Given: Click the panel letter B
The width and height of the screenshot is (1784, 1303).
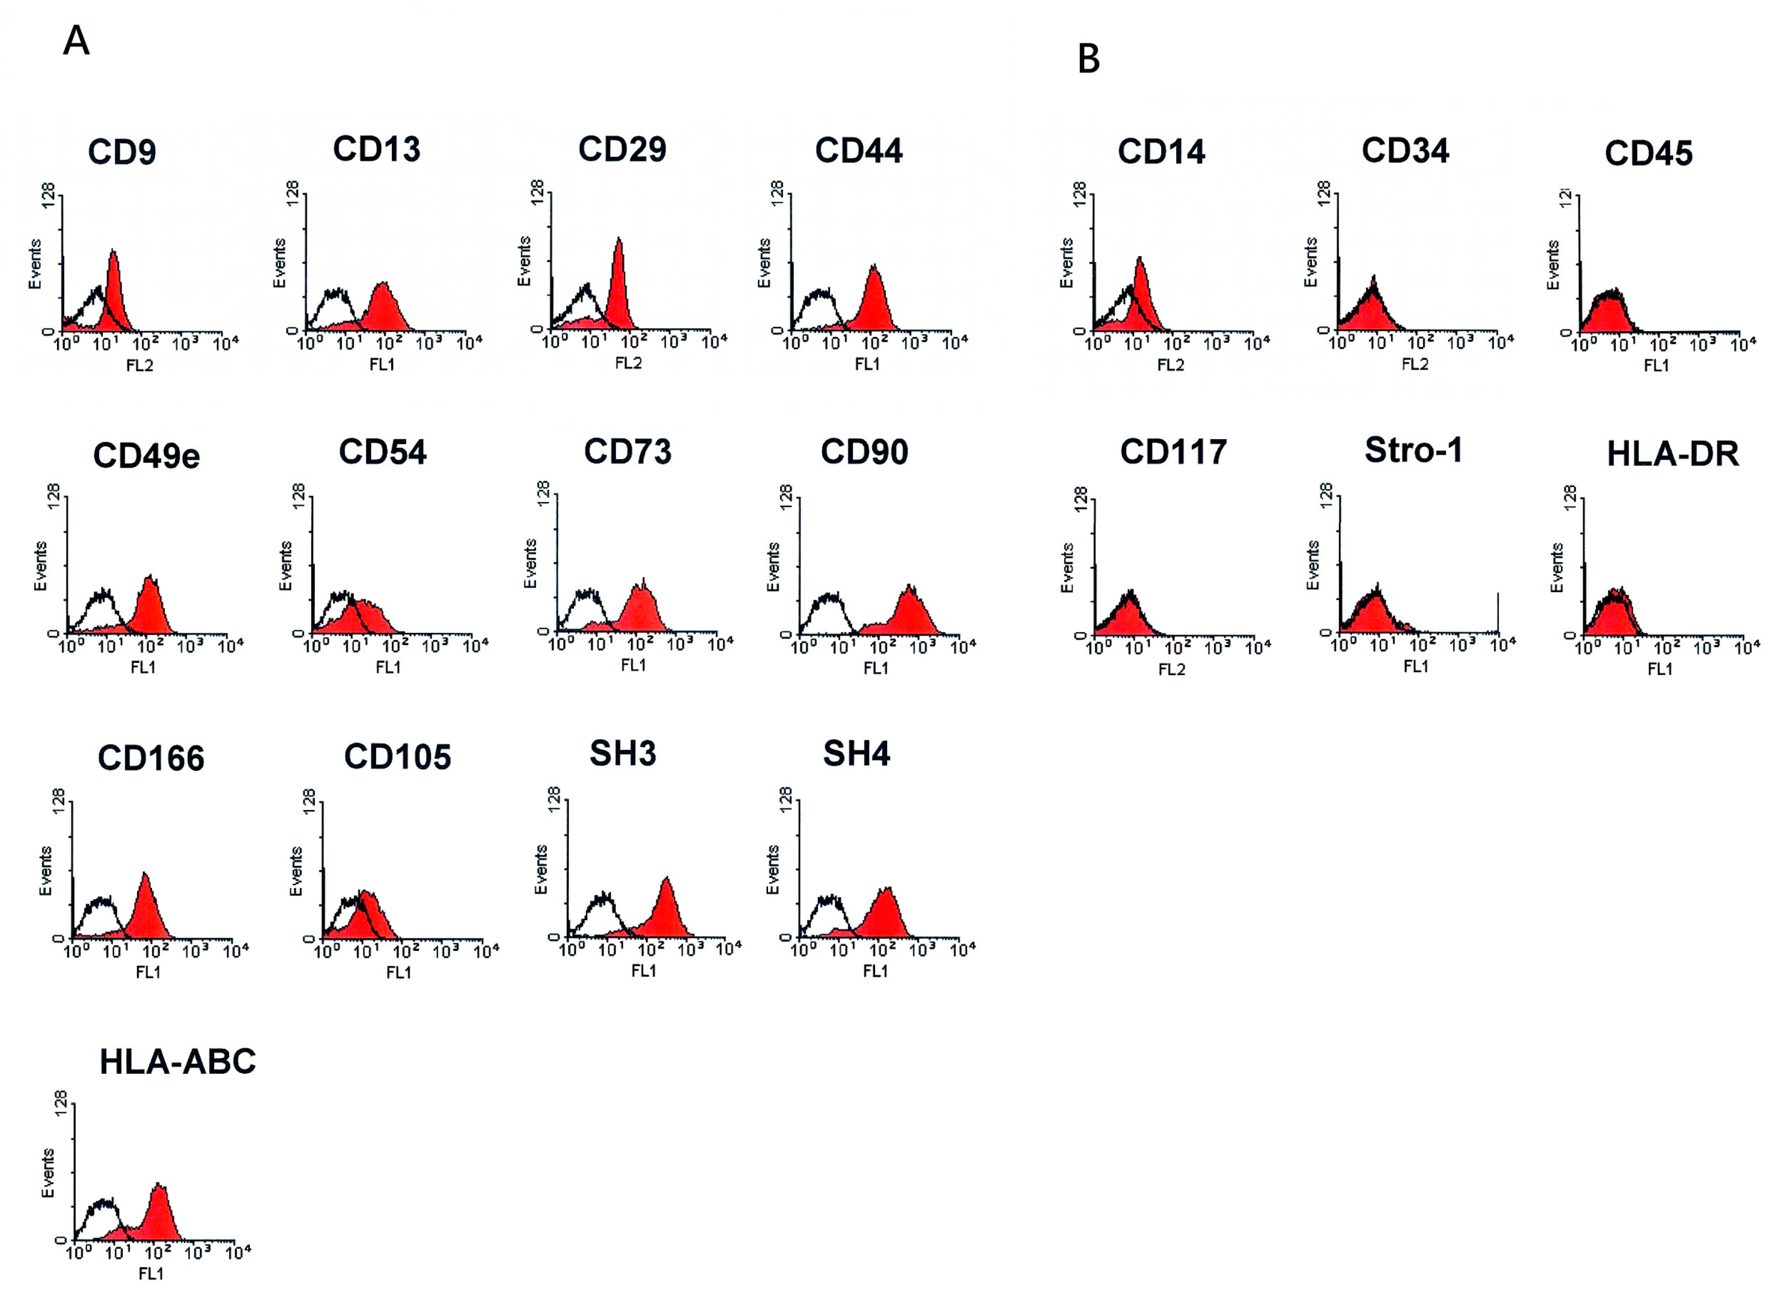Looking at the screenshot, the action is click(x=1089, y=59).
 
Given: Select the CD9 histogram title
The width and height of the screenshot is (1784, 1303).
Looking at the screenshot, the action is click(x=122, y=152).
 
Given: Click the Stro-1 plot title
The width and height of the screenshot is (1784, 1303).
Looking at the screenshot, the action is click(x=1414, y=450).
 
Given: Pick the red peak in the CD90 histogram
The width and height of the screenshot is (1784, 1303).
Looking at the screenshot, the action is click(x=909, y=607).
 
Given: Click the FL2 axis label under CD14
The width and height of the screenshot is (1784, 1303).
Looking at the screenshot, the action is click(x=1170, y=365).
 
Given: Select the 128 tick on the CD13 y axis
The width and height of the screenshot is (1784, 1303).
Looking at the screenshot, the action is click(x=292, y=194).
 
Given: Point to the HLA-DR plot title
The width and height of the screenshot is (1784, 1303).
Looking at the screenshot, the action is click(x=1672, y=454).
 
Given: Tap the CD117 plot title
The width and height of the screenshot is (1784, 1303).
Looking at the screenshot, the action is click(x=1173, y=452).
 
